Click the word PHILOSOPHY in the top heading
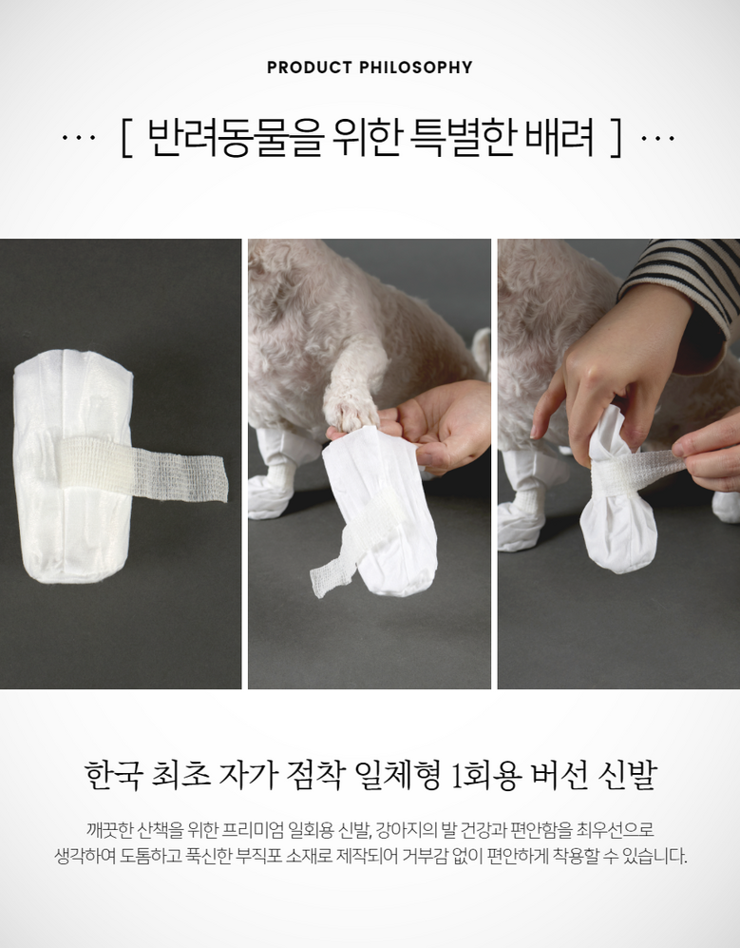(416, 68)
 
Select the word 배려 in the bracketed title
(560, 138)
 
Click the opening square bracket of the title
(125, 139)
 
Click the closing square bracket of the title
(616, 139)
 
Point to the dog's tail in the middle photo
(482, 350)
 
